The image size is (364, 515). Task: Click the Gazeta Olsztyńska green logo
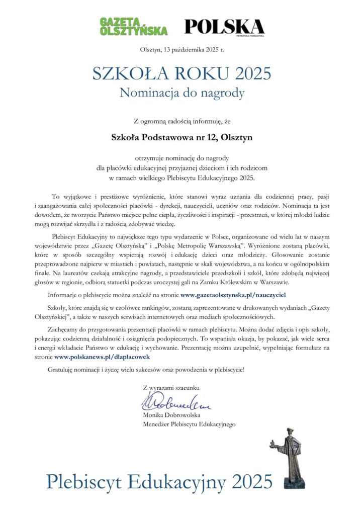[x=133, y=26]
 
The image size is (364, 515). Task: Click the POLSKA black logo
[x=224, y=27]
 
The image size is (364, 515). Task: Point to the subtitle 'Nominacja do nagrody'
[x=181, y=93]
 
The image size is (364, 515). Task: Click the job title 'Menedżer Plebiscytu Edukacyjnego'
[x=189, y=424]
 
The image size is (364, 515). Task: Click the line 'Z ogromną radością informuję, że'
[x=181, y=121]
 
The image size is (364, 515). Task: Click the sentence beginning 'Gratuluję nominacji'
[x=146, y=370]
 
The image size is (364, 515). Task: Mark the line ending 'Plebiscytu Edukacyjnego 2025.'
[x=181, y=178]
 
